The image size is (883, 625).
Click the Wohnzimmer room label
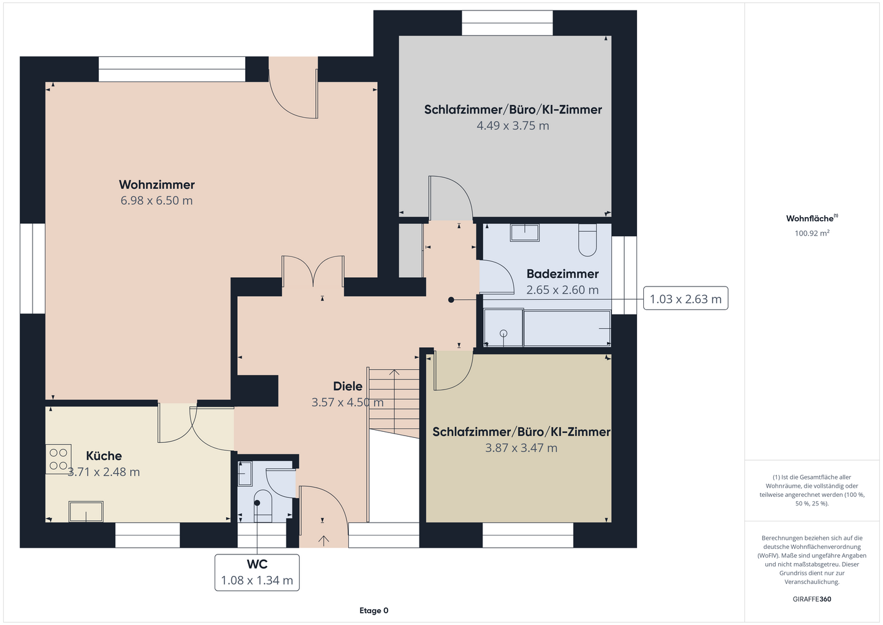(157, 185)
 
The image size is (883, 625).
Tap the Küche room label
(104, 456)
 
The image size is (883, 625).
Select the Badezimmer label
(562, 274)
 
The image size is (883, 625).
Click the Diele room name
(348, 386)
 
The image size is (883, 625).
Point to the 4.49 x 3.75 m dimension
(513, 126)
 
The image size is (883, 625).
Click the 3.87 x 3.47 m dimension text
(521, 448)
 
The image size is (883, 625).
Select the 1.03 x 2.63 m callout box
(686, 298)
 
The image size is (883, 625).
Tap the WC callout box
(257, 572)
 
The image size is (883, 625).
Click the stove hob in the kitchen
(58, 459)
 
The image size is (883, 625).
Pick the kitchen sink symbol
(86, 512)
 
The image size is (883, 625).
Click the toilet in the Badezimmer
(587, 240)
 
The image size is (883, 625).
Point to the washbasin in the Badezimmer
(525, 232)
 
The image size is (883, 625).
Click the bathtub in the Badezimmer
(567, 328)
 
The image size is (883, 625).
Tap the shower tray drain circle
(503, 334)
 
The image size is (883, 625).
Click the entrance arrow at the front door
(324, 540)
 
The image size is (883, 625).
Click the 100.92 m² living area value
(812, 233)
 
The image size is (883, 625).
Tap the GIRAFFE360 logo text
(812, 599)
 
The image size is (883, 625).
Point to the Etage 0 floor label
(373, 610)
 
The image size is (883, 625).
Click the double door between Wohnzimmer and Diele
(313, 271)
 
